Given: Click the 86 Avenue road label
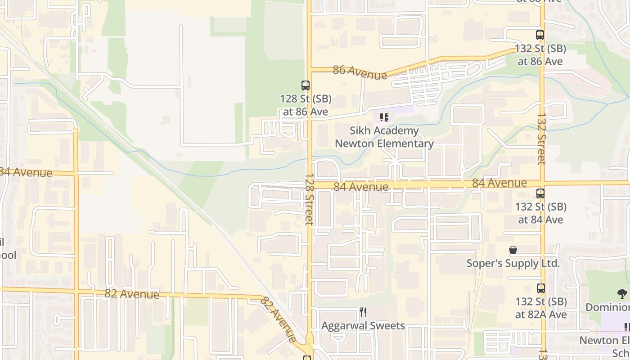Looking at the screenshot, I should [360, 72].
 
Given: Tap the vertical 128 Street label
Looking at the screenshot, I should [309, 199].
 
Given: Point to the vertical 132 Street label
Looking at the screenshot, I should [541, 139].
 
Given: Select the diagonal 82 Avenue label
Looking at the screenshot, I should [279, 319].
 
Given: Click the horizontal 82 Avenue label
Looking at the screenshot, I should [132, 294].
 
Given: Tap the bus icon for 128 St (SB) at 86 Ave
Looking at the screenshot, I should [306, 85].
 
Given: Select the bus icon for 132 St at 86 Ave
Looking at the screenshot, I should [540, 35].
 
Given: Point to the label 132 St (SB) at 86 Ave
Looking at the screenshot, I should [540, 55].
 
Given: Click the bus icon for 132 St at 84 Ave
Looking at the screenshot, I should [540, 193].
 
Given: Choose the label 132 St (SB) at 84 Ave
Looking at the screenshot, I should [540, 213].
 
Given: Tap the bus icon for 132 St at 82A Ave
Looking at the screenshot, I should [540, 288].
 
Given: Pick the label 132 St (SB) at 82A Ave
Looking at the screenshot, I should [540, 308].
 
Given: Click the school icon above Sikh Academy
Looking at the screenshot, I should [384, 117].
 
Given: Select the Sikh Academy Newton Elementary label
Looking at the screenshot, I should [384, 137].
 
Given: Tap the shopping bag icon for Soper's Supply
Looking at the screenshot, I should [513, 250].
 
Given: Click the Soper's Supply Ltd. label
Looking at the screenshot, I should [513, 263].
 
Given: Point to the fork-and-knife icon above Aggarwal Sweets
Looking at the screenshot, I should [363, 312].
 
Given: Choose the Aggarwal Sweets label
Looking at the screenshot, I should [363, 325].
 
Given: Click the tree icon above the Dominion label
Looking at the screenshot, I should [622, 294].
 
